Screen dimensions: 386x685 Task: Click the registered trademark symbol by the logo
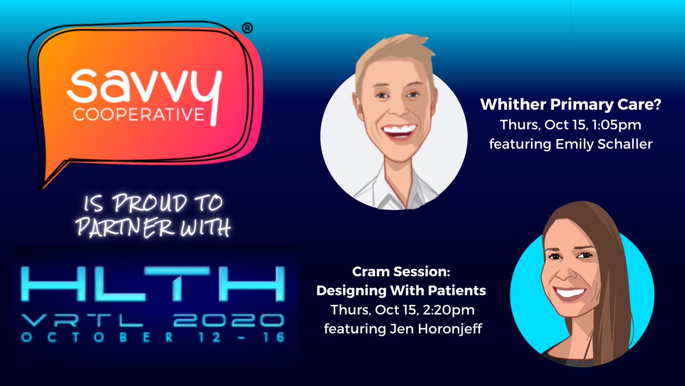(247, 27)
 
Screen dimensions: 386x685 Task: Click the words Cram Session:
(401, 272)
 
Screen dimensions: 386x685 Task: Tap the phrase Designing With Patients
(401, 291)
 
